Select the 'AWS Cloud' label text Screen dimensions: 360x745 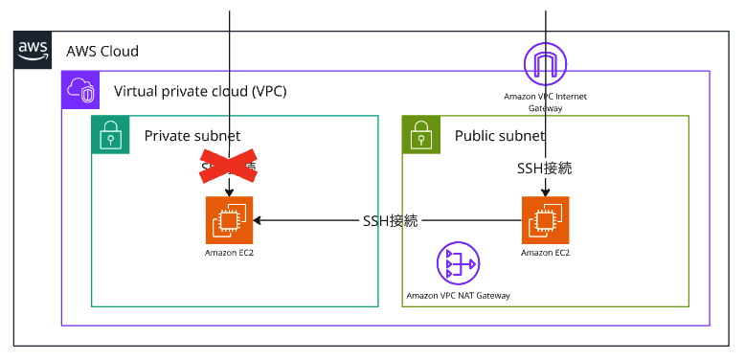[102, 52]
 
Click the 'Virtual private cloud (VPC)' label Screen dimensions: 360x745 [200, 92]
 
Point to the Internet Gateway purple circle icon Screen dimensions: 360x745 [546, 65]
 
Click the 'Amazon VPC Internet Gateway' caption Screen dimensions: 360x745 [546, 102]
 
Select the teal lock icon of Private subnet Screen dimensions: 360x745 [110, 135]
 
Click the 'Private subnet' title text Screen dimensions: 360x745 [192, 136]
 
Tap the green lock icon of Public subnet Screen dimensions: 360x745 [420, 135]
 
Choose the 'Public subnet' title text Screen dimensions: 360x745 [501, 136]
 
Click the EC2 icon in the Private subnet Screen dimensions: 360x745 [229, 220]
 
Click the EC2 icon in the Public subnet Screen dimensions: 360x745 [546, 220]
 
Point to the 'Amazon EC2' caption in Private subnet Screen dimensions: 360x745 [229, 253]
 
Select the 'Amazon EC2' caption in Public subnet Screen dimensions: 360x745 [546, 253]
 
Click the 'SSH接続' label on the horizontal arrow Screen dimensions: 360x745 [391, 221]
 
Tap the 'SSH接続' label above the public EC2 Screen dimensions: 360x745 [545, 168]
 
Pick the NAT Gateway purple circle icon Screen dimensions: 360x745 [458, 264]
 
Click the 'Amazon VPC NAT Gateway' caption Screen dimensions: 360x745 [458, 296]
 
